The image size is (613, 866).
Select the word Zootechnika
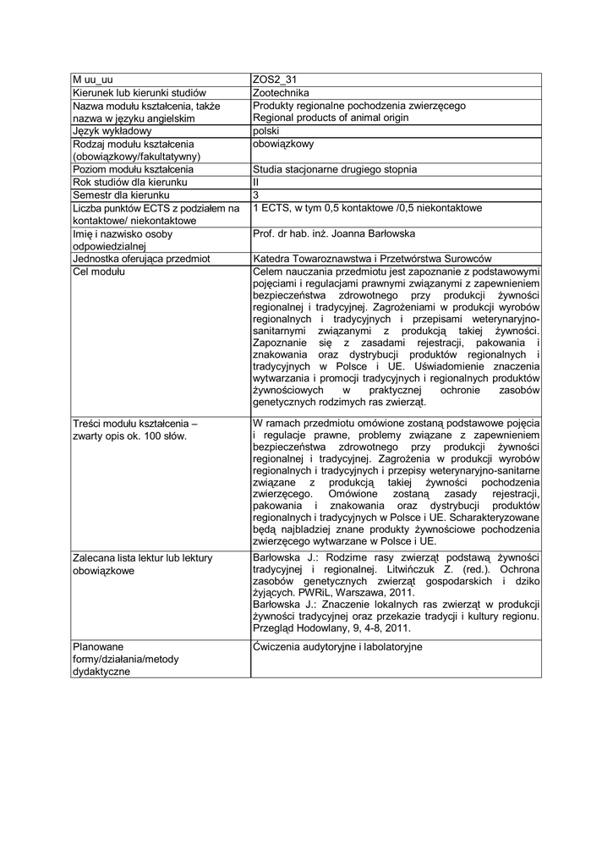pyautogui.click(x=282, y=92)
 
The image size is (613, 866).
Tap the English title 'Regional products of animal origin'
pyautogui.click(x=331, y=118)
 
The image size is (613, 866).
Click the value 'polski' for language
pyautogui.click(x=266, y=131)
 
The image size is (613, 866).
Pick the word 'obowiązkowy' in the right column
pyautogui.click(x=283, y=144)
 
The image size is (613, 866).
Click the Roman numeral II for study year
pyautogui.click(x=255, y=182)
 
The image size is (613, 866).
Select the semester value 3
pyautogui.click(x=256, y=195)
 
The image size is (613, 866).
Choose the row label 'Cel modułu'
pyautogui.click(x=98, y=271)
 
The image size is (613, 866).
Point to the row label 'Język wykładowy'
pyautogui.click(x=112, y=131)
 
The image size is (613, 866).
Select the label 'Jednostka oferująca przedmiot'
pyautogui.click(x=141, y=259)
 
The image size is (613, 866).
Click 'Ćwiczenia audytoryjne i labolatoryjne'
pyautogui.click(x=337, y=647)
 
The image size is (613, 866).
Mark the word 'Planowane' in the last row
pyautogui.click(x=99, y=647)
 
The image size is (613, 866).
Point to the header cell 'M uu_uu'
pyautogui.click(x=92, y=79)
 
